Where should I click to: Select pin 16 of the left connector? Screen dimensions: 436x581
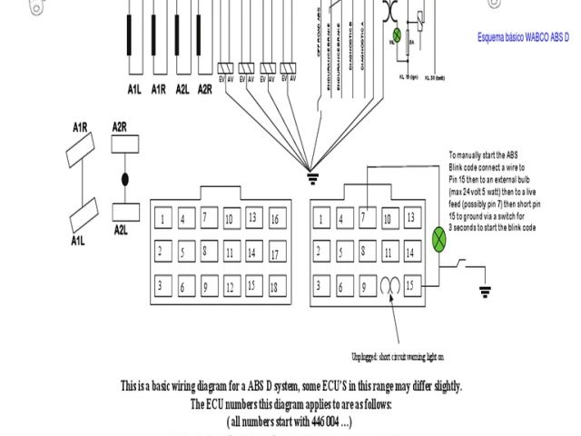[274, 218]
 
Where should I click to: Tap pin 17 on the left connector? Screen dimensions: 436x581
[274, 253]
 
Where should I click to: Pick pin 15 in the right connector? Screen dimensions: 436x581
[411, 285]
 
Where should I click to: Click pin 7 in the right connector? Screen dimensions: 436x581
[364, 217]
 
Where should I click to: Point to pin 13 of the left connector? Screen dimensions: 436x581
[251, 218]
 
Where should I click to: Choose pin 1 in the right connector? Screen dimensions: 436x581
[320, 219]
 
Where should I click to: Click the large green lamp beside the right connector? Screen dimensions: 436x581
[440, 240]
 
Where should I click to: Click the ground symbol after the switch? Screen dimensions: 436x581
[485, 292]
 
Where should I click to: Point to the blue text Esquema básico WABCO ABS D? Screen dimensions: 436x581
[525, 37]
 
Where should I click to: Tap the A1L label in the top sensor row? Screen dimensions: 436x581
[134, 89]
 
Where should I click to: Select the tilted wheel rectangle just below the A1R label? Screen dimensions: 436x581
[80, 152]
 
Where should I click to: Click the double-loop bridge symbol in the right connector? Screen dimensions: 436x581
[389, 286]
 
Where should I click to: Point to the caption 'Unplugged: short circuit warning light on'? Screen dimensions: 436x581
[398, 357]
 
